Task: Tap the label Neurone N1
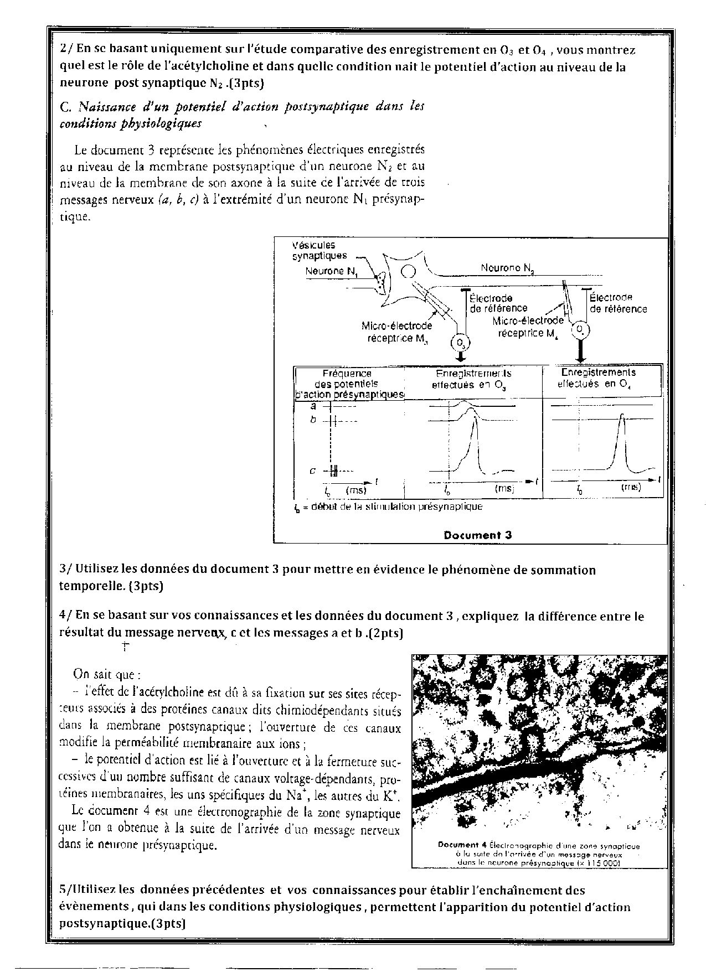(x=331, y=272)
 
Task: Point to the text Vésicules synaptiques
(x=319, y=250)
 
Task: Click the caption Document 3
(x=477, y=535)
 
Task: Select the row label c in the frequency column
(x=313, y=471)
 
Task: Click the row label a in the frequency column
(x=313, y=407)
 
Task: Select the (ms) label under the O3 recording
(x=504, y=489)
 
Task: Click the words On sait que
(x=106, y=674)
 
